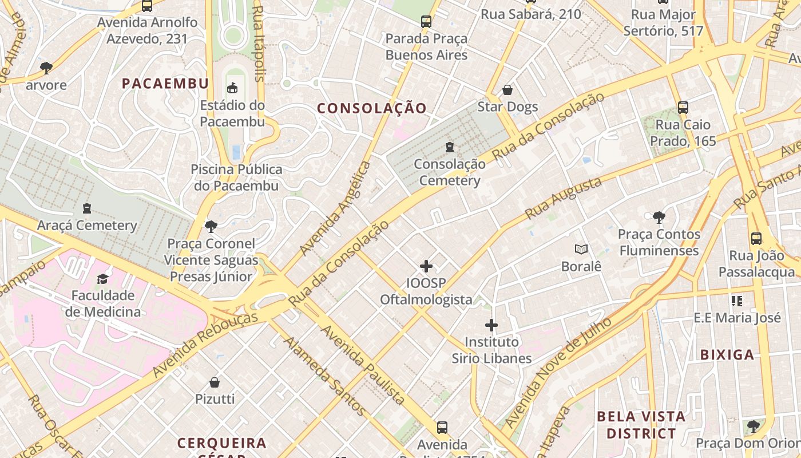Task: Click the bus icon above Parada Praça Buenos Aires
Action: pos(426,22)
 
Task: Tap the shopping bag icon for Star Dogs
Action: pos(507,90)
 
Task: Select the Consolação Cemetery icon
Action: pos(450,147)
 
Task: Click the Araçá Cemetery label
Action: pos(87,225)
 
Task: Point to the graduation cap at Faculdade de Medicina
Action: pos(102,279)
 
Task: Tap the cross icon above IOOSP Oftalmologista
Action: pos(426,266)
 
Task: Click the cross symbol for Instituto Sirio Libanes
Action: pos(491,325)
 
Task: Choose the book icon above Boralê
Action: pos(581,250)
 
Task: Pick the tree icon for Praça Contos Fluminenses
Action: pos(659,217)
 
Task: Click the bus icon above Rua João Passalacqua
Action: pos(756,239)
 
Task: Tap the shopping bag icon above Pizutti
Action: pos(215,382)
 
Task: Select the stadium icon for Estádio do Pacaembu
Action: pos(232,88)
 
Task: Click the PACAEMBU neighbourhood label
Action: pos(165,84)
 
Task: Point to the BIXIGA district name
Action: pos(727,354)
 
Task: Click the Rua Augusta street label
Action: pos(564,198)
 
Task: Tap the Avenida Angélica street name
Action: pos(335,208)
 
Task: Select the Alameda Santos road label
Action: pos(324,376)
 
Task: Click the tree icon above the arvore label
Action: pos(46,68)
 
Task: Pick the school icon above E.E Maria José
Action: pos(736,301)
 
